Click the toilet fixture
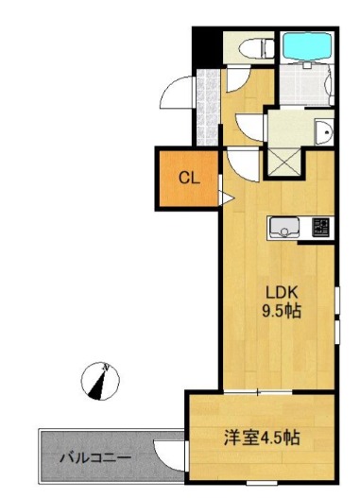coord(257,48)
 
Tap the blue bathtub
coord(307,46)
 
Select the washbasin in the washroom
coord(323,131)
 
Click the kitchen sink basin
coord(283,228)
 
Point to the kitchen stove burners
coord(320,227)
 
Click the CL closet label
coord(189,179)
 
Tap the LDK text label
coord(282,293)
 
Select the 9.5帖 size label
coord(282,311)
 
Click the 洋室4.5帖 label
coord(262,438)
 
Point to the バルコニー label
coord(95,458)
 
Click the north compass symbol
coord(100,381)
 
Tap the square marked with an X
coord(283,162)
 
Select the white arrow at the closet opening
coord(228,198)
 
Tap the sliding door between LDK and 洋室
coord(258,392)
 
